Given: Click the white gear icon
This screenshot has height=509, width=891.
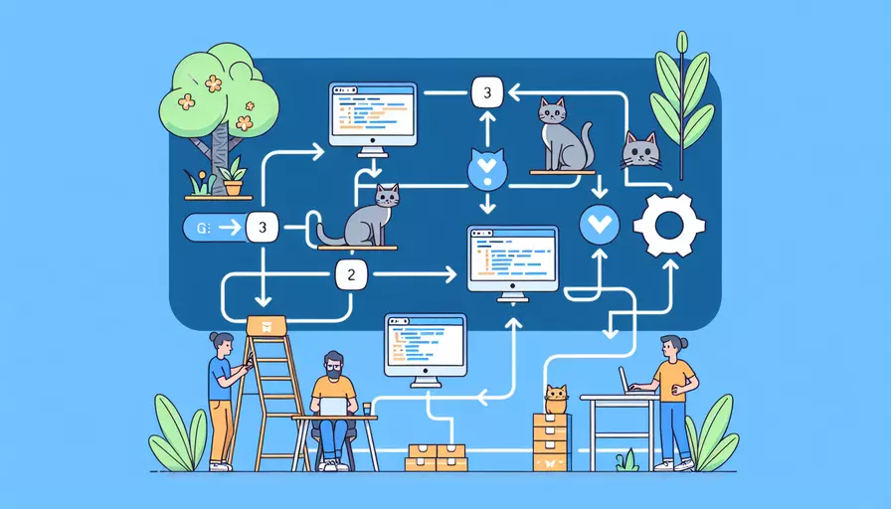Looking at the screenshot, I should (668, 226).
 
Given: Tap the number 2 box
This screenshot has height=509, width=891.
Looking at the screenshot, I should (353, 271).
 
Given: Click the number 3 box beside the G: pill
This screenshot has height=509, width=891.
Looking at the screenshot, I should (263, 228).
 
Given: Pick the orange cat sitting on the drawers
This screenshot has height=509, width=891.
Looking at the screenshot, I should (556, 399).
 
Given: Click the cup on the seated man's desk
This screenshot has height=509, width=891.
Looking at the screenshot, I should (367, 408).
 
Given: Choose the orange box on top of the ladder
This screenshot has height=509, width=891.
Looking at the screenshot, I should (267, 325).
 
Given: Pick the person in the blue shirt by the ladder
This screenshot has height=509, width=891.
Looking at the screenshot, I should (221, 398).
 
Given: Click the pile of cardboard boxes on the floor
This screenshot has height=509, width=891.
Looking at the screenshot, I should (437, 456).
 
